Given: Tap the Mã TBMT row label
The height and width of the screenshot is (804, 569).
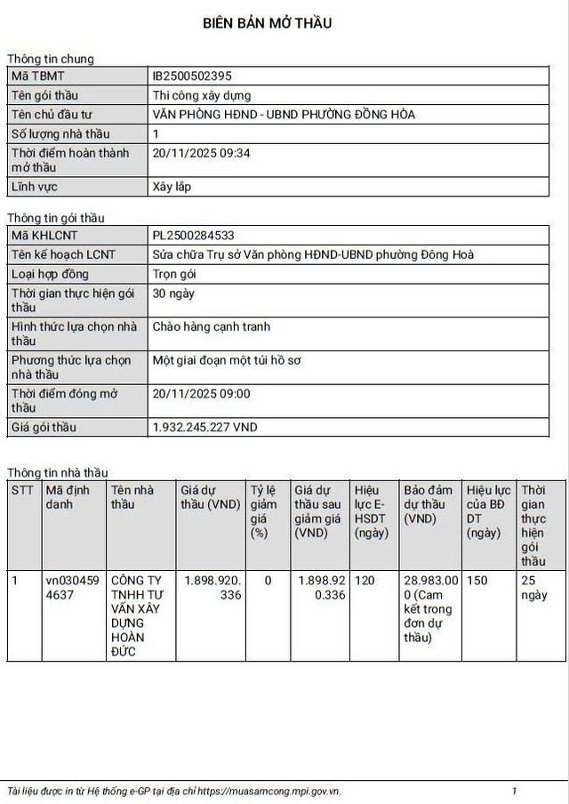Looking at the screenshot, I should click(x=37, y=76).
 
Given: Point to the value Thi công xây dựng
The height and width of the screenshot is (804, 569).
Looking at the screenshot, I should click(x=202, y=95).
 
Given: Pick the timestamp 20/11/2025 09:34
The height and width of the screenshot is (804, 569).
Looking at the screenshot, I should click(x=202, y=153).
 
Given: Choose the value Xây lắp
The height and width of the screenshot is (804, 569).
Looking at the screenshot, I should click(x=172, y=187).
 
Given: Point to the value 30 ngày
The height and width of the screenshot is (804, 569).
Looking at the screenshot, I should click(x=173, y=293).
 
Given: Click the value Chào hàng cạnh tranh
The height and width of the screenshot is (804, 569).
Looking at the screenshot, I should click(x=212, y=327).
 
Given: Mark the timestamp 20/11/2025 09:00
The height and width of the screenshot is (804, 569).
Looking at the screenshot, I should click(x=202, y=394).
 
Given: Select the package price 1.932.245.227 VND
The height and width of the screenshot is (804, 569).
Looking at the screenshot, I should click(x=205, y=428).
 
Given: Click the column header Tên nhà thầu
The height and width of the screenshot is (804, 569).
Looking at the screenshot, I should click(x=132, y=497).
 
